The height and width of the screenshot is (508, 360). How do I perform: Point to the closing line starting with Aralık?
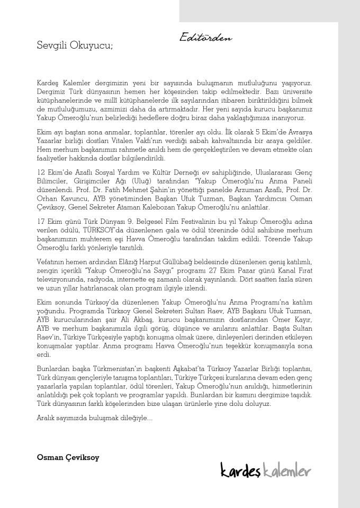[x=95, y=418]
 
